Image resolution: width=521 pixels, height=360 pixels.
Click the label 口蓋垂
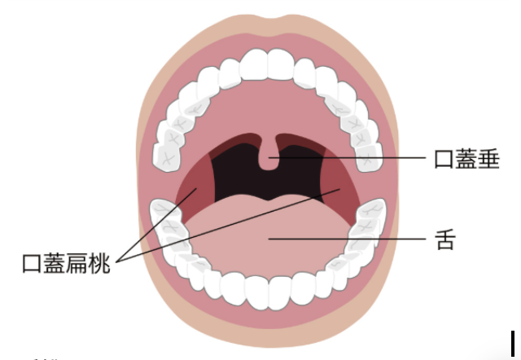click(x=466, y=158)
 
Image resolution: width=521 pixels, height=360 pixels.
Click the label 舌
click(x=445, y=240)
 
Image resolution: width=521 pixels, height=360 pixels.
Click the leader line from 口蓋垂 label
click(x=358, y=157)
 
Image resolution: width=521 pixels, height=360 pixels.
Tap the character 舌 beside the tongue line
click(x=445, y=240)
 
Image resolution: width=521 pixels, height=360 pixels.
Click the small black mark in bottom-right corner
click(x=514, y=345)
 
